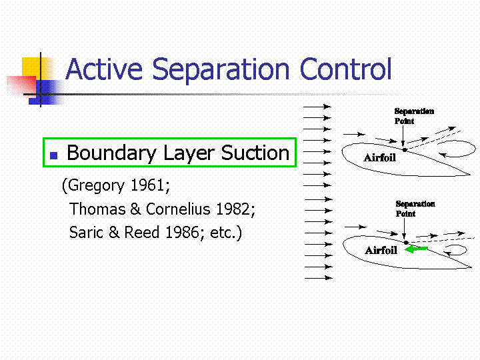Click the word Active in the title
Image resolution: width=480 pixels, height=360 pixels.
tap(105, 69)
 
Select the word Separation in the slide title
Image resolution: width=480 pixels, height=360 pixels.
tap(221, 71)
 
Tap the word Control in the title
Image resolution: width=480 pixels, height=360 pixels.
tap(345, 69)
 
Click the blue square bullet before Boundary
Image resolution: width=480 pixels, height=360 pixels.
tap(53, 155)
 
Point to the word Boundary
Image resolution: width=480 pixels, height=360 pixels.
tap(111, 153)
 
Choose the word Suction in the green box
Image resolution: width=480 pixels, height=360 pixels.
tap(255, 153)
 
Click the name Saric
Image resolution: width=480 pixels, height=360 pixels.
tap(86, 233)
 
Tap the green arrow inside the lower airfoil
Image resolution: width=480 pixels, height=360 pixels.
tap(416, 249)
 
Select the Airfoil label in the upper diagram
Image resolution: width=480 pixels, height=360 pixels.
tap(379, 157)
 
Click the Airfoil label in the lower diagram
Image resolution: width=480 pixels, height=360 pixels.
tap(381, 251)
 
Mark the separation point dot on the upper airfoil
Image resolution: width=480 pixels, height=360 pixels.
tap(405, 150)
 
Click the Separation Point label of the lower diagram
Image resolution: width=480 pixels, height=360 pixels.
tap(415, 209)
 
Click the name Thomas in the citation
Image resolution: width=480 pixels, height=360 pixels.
tap(97, 209)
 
